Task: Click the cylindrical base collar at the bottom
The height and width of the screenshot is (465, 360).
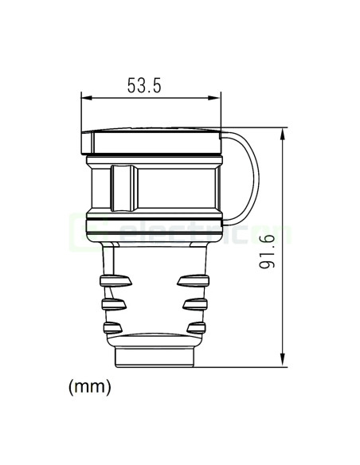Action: click(155, 353)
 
